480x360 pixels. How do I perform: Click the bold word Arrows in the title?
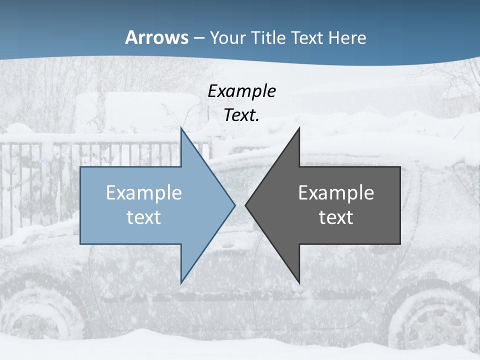coord(156,37)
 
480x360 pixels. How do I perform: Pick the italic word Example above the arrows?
coord(241,91)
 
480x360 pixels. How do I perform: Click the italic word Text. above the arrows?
coord(241,115)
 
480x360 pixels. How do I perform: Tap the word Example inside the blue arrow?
coord(144,193)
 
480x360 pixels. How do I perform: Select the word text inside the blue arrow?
coord(144,217)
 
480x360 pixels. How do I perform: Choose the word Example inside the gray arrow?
coord(336,193)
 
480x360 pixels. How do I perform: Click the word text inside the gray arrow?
coord(336,217)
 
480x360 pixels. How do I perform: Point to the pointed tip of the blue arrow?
coord(234,205)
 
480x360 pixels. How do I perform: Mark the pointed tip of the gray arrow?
coord(246,205)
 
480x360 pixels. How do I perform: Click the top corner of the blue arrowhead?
coord(181,128)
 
